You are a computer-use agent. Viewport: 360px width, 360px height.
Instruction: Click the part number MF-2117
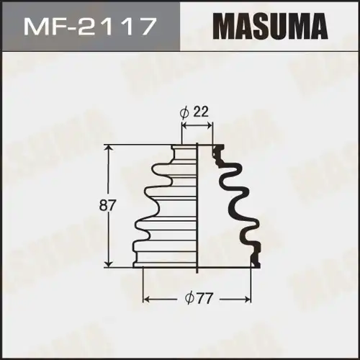(89, 28)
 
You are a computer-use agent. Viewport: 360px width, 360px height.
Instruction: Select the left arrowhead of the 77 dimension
(146, 297)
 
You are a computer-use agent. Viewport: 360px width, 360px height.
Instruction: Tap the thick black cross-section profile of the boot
(241, 202)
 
